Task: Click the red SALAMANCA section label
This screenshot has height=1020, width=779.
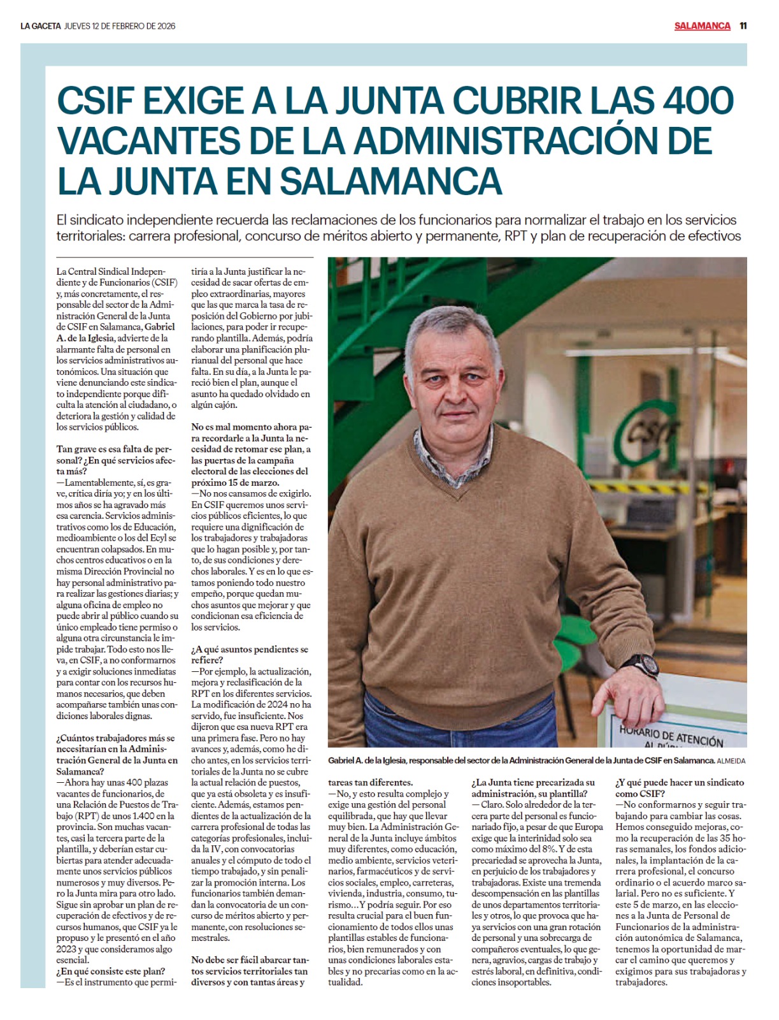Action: (702, 26)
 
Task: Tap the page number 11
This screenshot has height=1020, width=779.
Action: (743, 26)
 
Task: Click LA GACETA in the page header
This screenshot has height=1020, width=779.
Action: (40, 26)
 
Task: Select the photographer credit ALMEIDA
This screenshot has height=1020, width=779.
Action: (731, 761)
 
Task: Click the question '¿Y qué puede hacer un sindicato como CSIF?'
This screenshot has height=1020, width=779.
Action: (679, 788)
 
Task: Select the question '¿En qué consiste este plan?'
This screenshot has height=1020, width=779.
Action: (111, 971)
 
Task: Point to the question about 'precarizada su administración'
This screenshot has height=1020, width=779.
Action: (533, 788)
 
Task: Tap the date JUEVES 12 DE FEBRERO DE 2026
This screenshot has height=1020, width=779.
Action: (120, 26)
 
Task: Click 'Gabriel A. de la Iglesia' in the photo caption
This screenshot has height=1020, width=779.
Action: (367, 761)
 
